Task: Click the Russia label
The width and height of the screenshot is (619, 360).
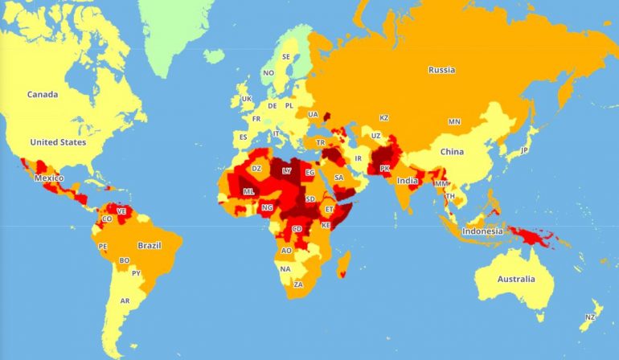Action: tap(441, 70)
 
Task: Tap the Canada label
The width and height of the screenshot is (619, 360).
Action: tap(42, 95)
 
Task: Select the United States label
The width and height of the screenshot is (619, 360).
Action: tap(57, 142)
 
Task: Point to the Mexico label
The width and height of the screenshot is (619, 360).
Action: tap(49, 178)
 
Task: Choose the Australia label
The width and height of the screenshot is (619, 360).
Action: tap(515, 279)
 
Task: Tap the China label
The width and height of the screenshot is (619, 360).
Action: tap(452, 151)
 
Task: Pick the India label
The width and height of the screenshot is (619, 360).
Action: tap(407, 181)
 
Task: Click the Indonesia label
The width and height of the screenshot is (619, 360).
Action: tap(482, 231)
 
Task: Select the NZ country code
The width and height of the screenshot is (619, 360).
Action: tap(590, 317)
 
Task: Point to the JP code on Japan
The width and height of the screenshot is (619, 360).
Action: tap(524, 150)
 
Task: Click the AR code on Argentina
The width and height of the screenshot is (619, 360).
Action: tap(125, 301)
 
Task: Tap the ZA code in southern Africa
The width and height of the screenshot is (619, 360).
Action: tap(298, 284)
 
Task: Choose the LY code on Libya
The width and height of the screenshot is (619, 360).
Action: tap(287, 171)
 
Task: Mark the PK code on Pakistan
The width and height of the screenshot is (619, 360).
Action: tap(384, 169)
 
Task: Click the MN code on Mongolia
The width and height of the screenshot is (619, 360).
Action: tap(454, 122)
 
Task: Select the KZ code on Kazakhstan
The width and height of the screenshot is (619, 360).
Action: tap(384, 118)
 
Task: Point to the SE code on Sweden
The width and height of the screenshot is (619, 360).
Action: tap(286, 57)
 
